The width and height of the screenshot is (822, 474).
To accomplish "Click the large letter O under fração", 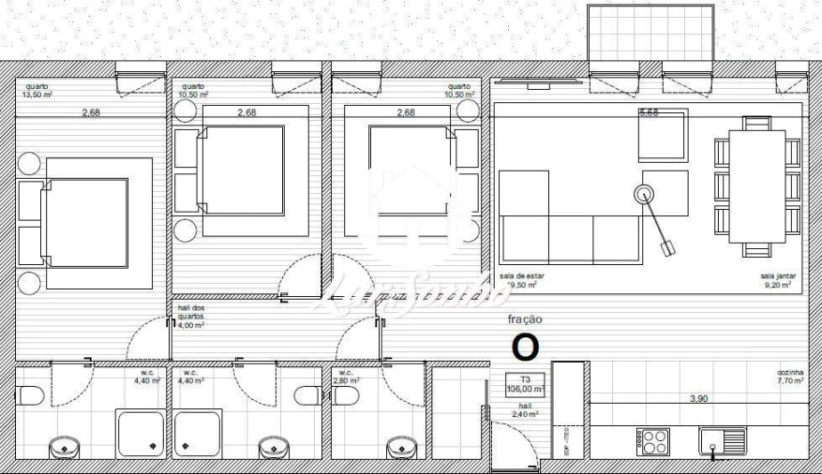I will [525, 347].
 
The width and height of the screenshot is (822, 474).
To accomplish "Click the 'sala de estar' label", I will [522, 276].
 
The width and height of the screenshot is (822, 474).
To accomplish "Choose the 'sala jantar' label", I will [780, 276].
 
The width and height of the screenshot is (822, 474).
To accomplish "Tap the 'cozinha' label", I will [791, 372].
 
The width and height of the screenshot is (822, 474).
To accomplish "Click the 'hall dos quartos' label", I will [191, 310].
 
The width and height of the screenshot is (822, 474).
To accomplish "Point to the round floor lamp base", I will [644, 195].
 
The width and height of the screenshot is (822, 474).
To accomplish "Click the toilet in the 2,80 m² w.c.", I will [346, 396].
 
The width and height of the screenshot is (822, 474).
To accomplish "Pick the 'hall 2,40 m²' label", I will [524, 409].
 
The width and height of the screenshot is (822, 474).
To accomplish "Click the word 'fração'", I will [525, 318].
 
